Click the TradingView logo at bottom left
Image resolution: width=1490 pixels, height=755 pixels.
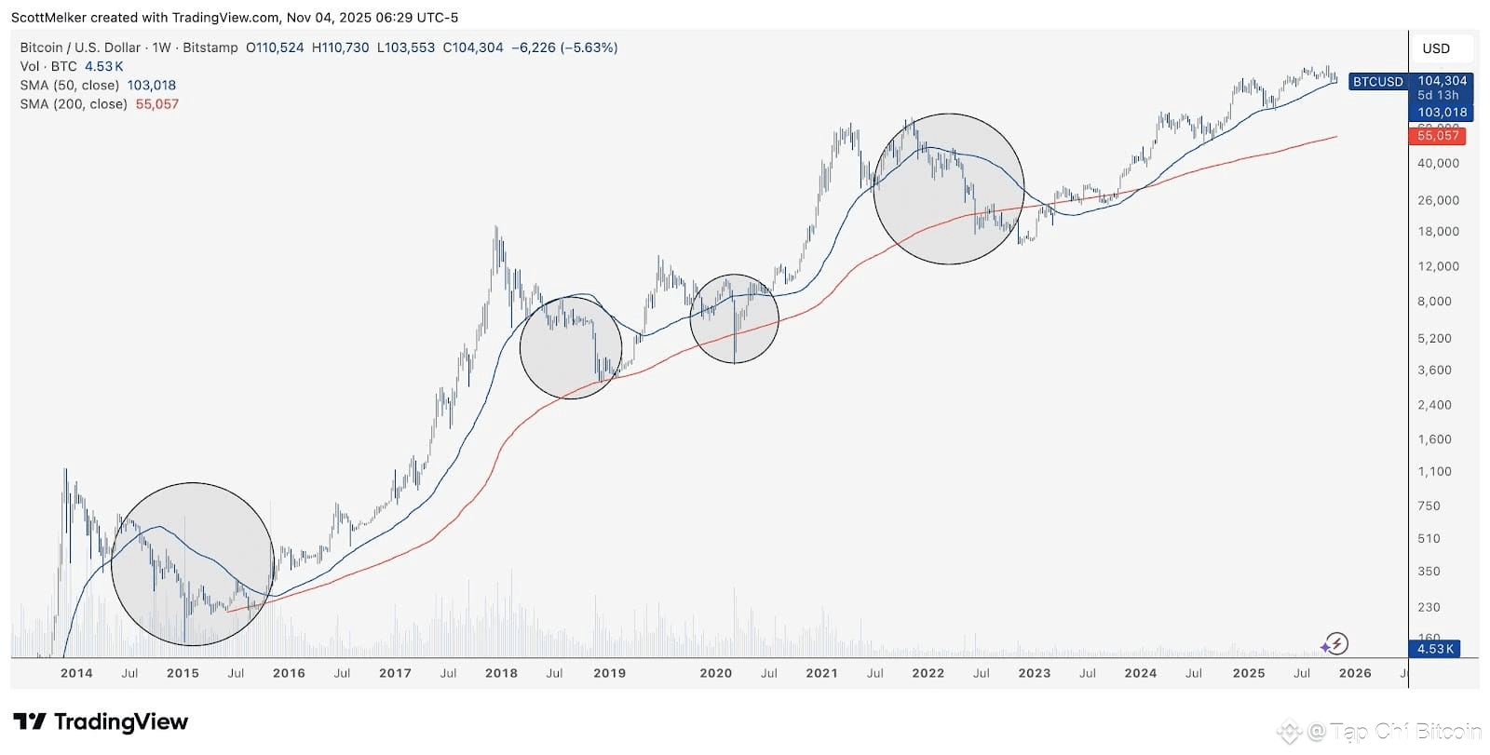[101, 721]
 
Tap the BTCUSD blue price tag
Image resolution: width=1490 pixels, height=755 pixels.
[1377, 82]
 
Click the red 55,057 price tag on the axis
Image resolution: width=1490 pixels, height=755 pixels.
[1438, 136]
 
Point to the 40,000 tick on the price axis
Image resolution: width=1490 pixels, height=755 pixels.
[1438, 163]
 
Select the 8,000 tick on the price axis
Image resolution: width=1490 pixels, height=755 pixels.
[1435, 301]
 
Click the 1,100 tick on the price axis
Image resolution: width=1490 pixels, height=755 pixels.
[1435, 471]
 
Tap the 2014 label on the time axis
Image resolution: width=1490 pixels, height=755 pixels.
[76, 673]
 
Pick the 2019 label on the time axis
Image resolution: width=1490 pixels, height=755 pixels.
[609, 673]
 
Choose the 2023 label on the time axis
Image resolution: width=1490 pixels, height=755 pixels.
[1034, 673]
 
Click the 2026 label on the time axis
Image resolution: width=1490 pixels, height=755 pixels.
[1354, 673]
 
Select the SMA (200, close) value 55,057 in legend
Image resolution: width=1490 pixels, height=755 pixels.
[157, 104]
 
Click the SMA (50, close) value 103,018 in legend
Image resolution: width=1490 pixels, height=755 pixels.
[152, 86]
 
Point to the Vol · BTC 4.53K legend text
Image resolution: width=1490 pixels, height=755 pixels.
[72, 66]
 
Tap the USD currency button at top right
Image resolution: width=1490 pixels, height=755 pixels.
[1435, 48]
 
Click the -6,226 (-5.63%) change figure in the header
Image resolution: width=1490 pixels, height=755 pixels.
[564, 47]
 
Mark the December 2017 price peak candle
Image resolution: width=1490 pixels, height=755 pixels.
[496, 228]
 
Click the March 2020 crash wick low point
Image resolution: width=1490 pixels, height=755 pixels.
[735, 361]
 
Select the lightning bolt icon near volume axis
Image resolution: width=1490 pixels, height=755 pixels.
[1336, 643]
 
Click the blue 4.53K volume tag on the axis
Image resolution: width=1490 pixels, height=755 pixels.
[1435, 649]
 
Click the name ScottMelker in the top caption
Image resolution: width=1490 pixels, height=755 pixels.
[49, 18]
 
